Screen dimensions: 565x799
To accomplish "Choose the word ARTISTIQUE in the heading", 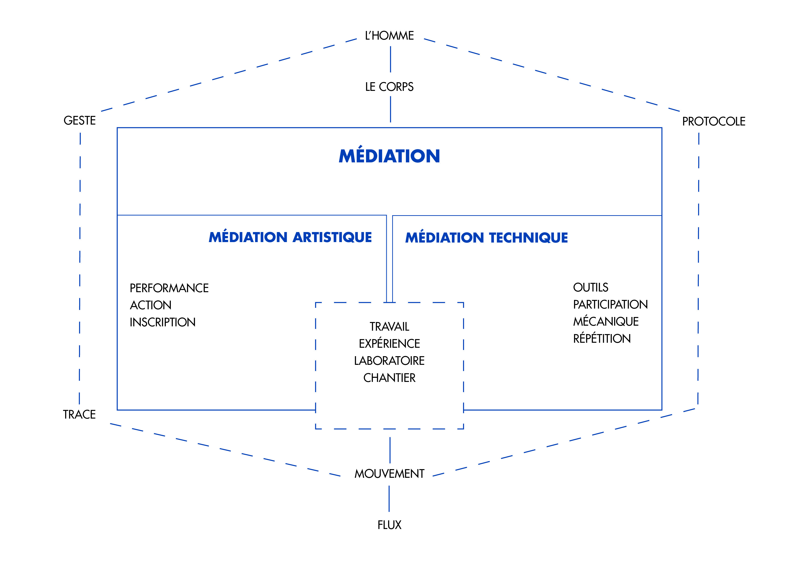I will pyautogui.click(x=332, y=237).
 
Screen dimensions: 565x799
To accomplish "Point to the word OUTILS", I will pyautogui.click(x=591, y=287).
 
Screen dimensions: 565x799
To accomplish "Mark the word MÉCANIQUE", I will pyautogui.click(x=606, y=322).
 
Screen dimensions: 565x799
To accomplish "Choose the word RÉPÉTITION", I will pyautogui.click(x=602, y=338).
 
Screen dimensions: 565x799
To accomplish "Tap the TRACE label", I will pyautogui.click(x=79, y=414).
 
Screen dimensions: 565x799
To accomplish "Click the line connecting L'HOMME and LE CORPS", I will pyautogui.click(x=390, y=59).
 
